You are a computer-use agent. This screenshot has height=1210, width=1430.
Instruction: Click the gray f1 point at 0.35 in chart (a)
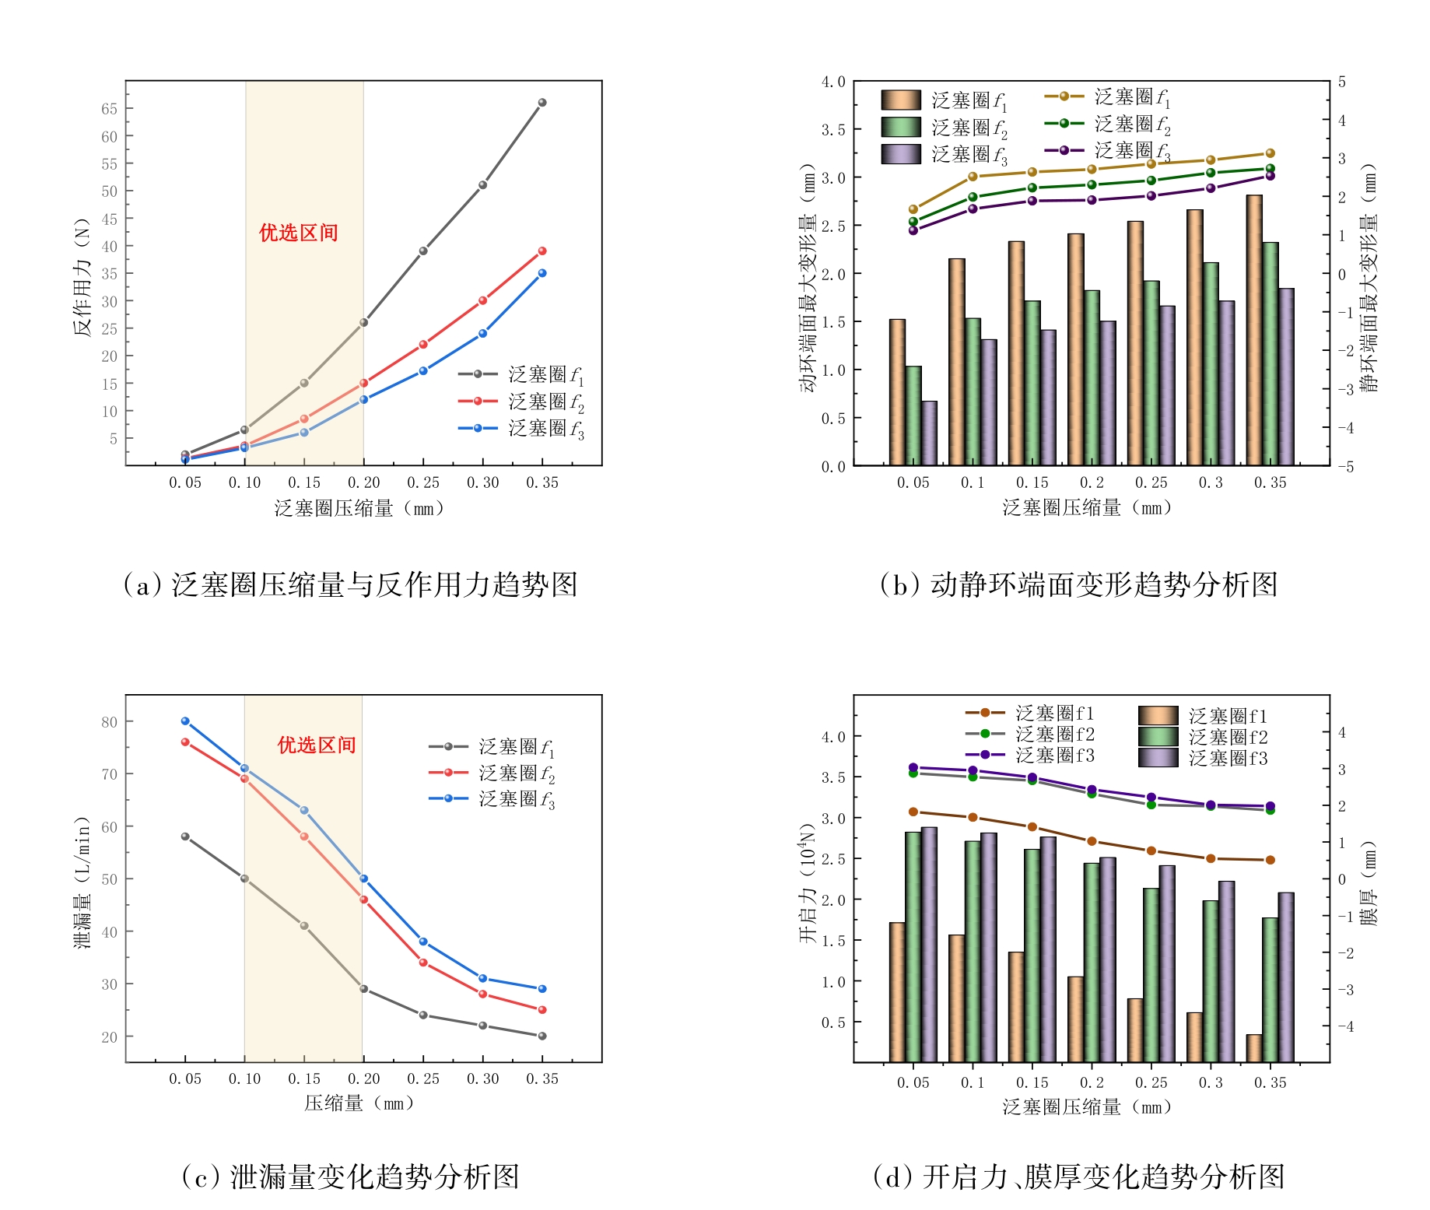(542, 103)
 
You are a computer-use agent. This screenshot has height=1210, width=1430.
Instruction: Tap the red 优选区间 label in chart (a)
(299, 233)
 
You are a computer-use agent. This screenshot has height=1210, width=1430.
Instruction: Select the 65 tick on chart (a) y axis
(109, 109)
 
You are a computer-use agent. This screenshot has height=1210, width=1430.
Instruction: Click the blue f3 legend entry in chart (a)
(520, 429)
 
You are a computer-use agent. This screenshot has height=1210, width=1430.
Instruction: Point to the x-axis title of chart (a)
(360, 509)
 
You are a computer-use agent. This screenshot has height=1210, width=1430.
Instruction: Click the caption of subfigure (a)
(350, 585)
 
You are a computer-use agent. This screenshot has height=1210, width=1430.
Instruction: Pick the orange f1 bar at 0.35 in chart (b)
(1254, 331)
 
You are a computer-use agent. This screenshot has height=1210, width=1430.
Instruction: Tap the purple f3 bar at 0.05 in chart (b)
(929, 433)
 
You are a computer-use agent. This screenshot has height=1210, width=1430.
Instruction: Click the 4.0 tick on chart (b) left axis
(833, 82)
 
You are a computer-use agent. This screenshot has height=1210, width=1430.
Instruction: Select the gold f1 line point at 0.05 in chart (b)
(913, 209)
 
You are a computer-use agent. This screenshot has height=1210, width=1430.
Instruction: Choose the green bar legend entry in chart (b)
(944, 128)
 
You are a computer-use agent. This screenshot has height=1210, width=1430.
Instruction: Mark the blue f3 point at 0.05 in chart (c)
(185, 721)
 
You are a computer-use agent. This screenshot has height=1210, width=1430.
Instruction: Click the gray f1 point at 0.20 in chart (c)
(363, 989)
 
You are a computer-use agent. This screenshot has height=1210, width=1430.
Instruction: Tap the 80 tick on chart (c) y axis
(109, 722)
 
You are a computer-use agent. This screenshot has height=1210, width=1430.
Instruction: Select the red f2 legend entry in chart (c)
(492, 773)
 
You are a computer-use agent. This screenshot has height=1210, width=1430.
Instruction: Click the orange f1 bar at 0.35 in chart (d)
(1254, 1048)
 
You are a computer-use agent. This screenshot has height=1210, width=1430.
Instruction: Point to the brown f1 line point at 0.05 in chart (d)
(913, 812)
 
